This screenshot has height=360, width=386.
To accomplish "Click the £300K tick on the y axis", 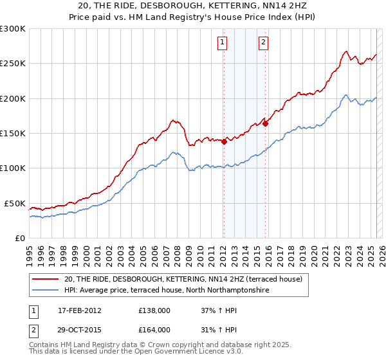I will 13,29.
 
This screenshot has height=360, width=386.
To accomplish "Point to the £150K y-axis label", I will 13,134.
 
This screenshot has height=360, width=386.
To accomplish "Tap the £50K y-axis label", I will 15,203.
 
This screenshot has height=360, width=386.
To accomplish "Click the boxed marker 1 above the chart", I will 222,43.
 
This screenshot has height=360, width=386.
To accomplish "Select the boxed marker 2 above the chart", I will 264,43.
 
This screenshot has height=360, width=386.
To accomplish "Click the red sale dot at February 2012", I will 224,142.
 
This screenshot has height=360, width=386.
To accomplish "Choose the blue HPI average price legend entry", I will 166,291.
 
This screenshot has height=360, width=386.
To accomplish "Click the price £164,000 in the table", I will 154,330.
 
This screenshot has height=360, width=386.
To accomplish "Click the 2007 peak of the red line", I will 172,120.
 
